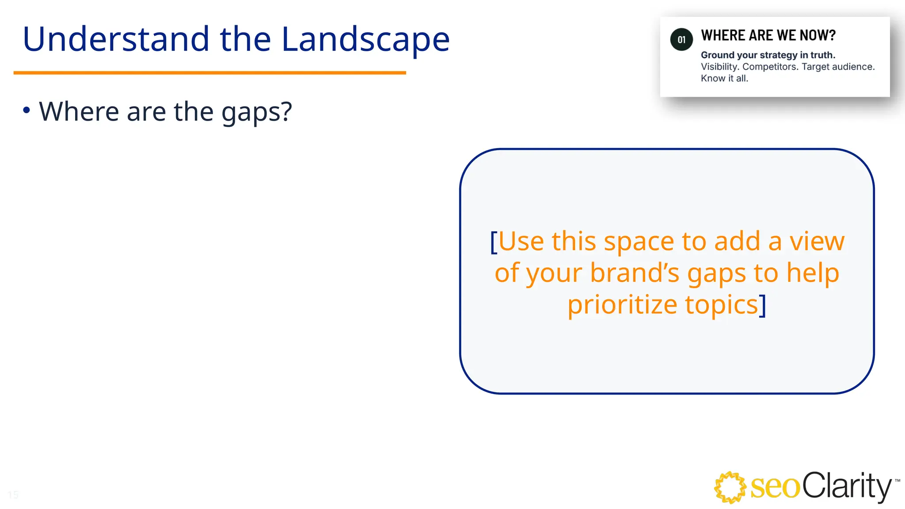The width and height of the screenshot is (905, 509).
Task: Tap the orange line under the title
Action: [x=209, y=72]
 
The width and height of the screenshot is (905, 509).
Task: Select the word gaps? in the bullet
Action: [x=256, y=112]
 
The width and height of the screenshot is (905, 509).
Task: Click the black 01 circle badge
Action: [x=681, y=40]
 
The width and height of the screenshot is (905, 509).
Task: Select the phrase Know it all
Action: [x=724, y=79]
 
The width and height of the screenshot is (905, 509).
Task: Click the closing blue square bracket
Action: [x=763, y=305]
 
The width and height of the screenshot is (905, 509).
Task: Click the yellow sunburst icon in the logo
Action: [x=730, y=487]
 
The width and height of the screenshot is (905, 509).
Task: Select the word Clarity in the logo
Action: [x=846, y=486]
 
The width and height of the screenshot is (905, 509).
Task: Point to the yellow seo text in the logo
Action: [x=775, y=488]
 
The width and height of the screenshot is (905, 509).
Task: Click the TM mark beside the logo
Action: [x=897, y=480]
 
